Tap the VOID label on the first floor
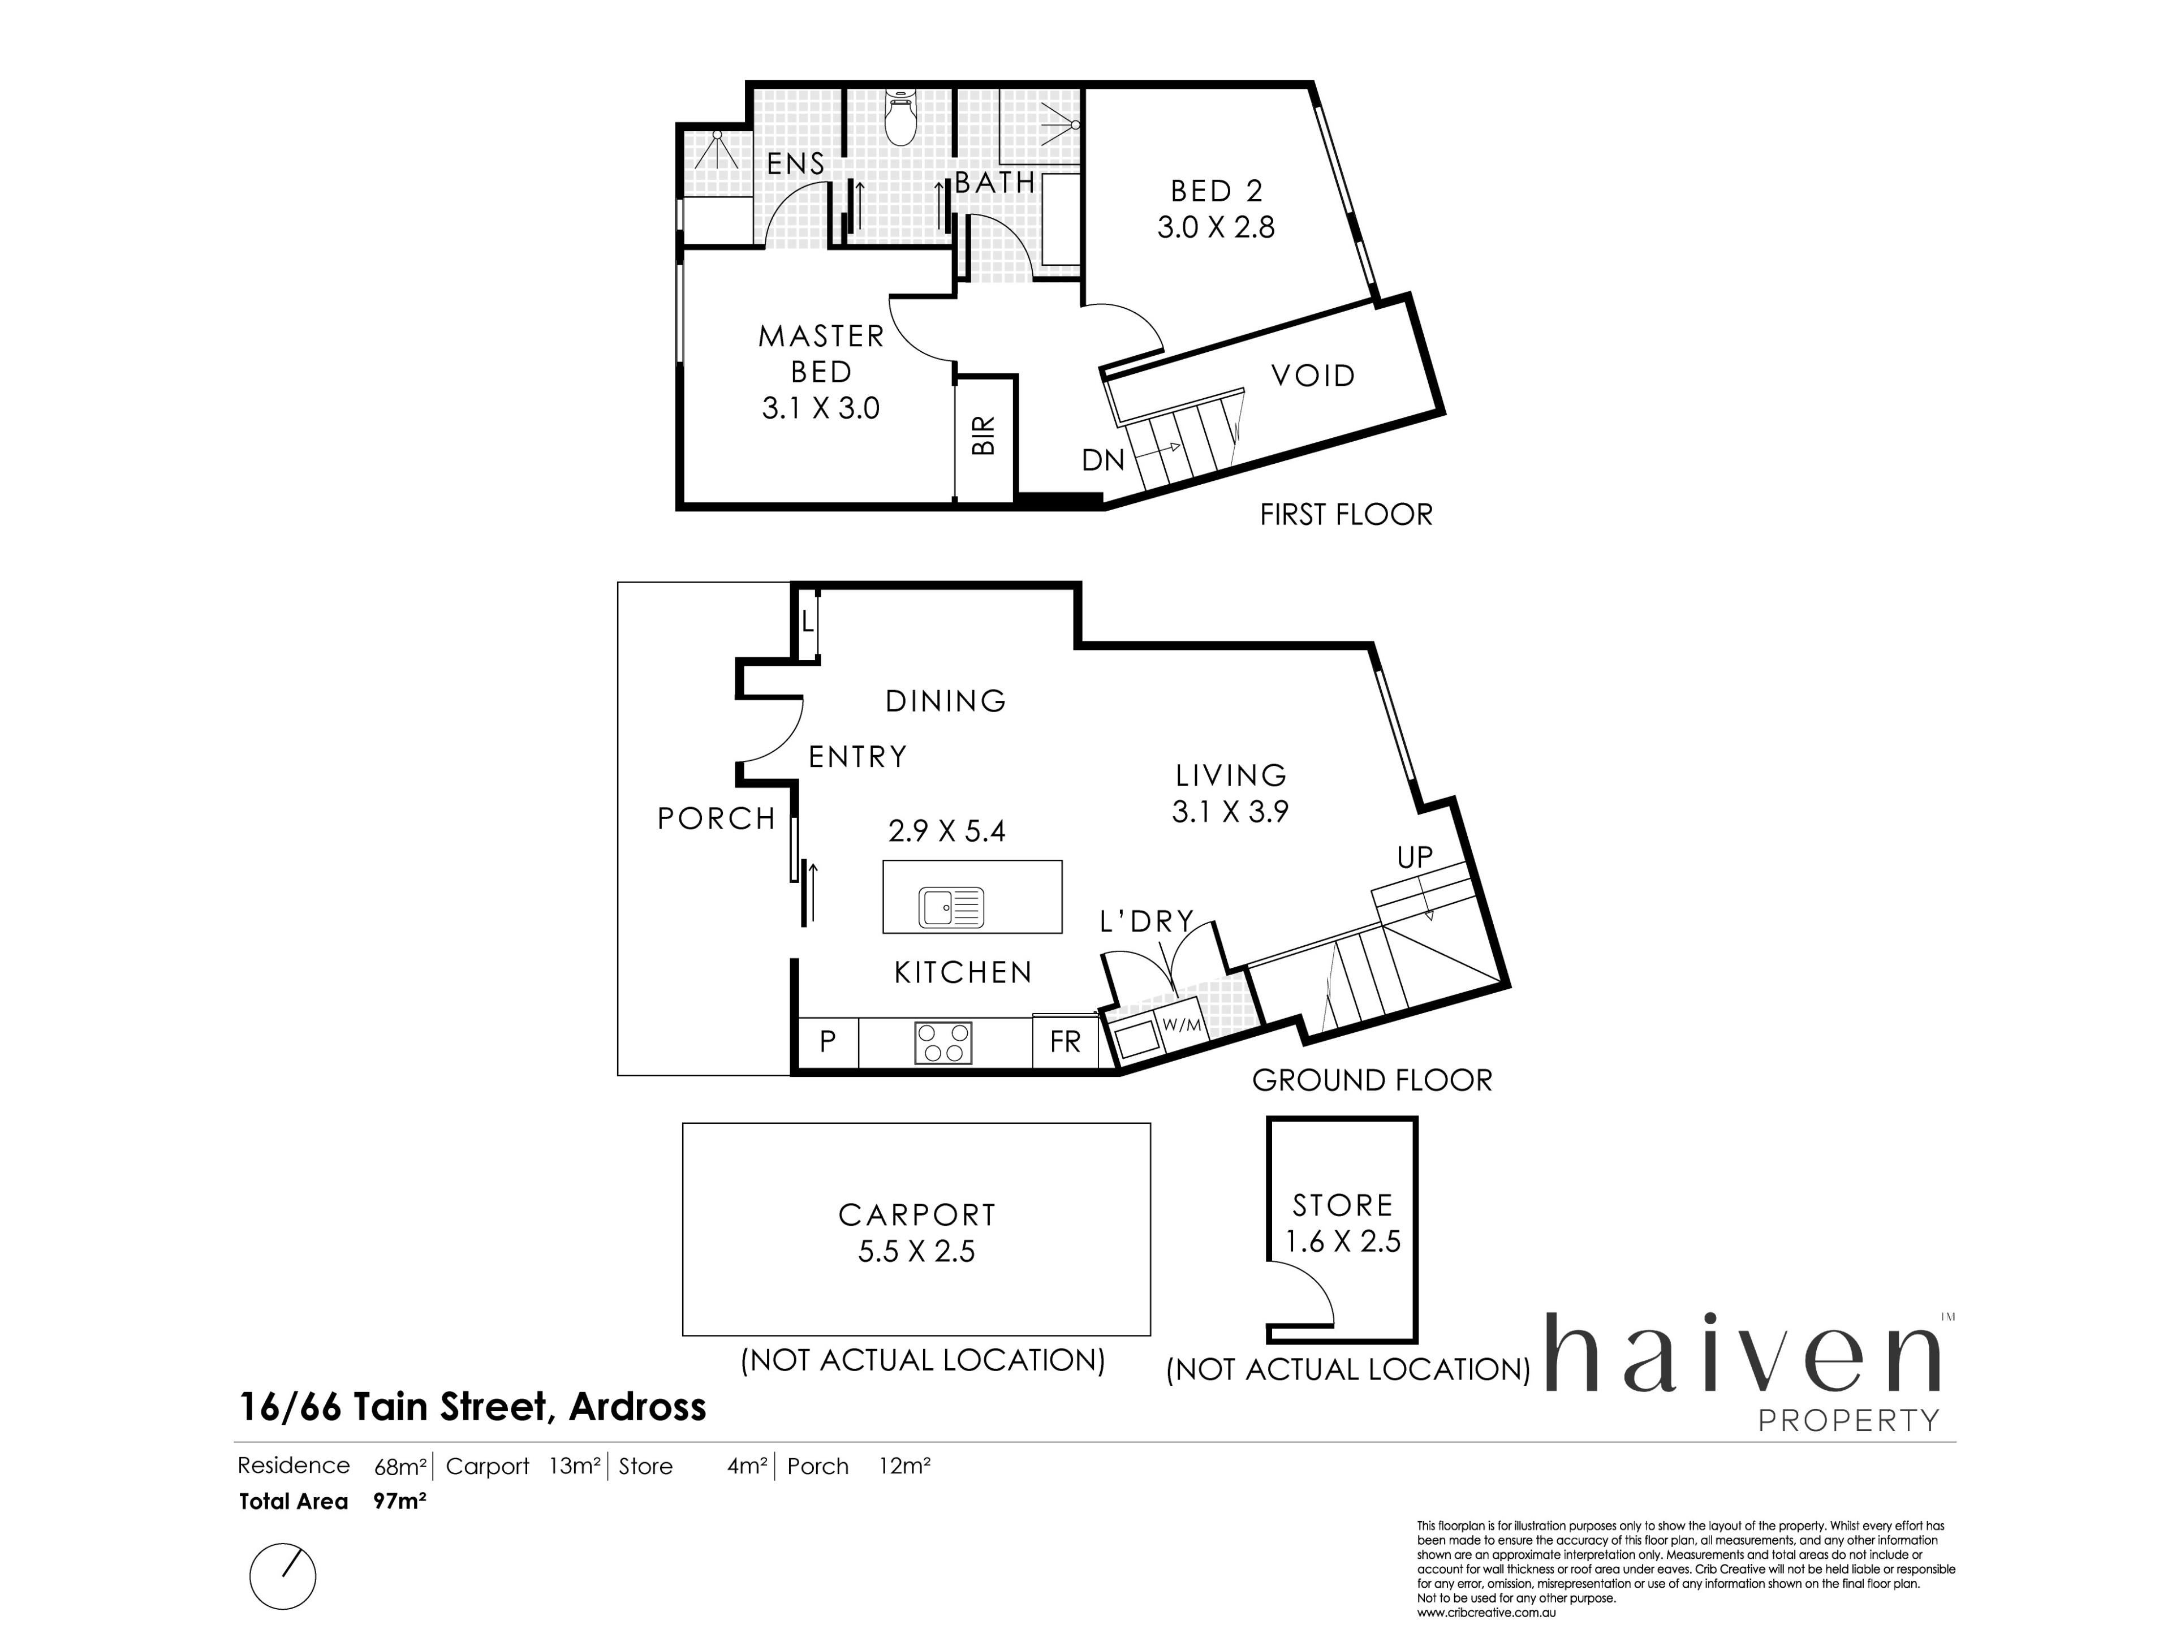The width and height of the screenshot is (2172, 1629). (1313, 375)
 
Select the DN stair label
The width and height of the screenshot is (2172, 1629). (1103, 459)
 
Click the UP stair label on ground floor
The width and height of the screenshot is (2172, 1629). (1415, 857)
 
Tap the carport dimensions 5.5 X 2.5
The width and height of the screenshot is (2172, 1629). (916, 1252)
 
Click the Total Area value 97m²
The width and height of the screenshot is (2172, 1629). (400, 1501)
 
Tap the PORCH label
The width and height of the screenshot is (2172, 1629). (717, 819)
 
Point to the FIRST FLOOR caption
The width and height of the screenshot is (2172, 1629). (1346, 515)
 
